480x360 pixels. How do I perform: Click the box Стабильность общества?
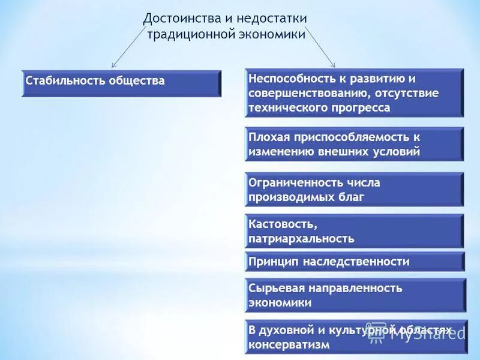coord(121,83)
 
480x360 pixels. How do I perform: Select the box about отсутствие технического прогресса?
coord(354,93)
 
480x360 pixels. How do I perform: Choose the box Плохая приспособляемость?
coord(354,144)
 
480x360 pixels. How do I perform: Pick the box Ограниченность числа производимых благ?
coord(354,190)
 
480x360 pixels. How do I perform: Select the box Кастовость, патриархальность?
coord(354,231)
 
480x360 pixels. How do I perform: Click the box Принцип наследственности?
coord(354,262)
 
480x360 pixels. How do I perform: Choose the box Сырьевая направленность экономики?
coord(354,295)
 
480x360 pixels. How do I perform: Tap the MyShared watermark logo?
coord(420,333)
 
